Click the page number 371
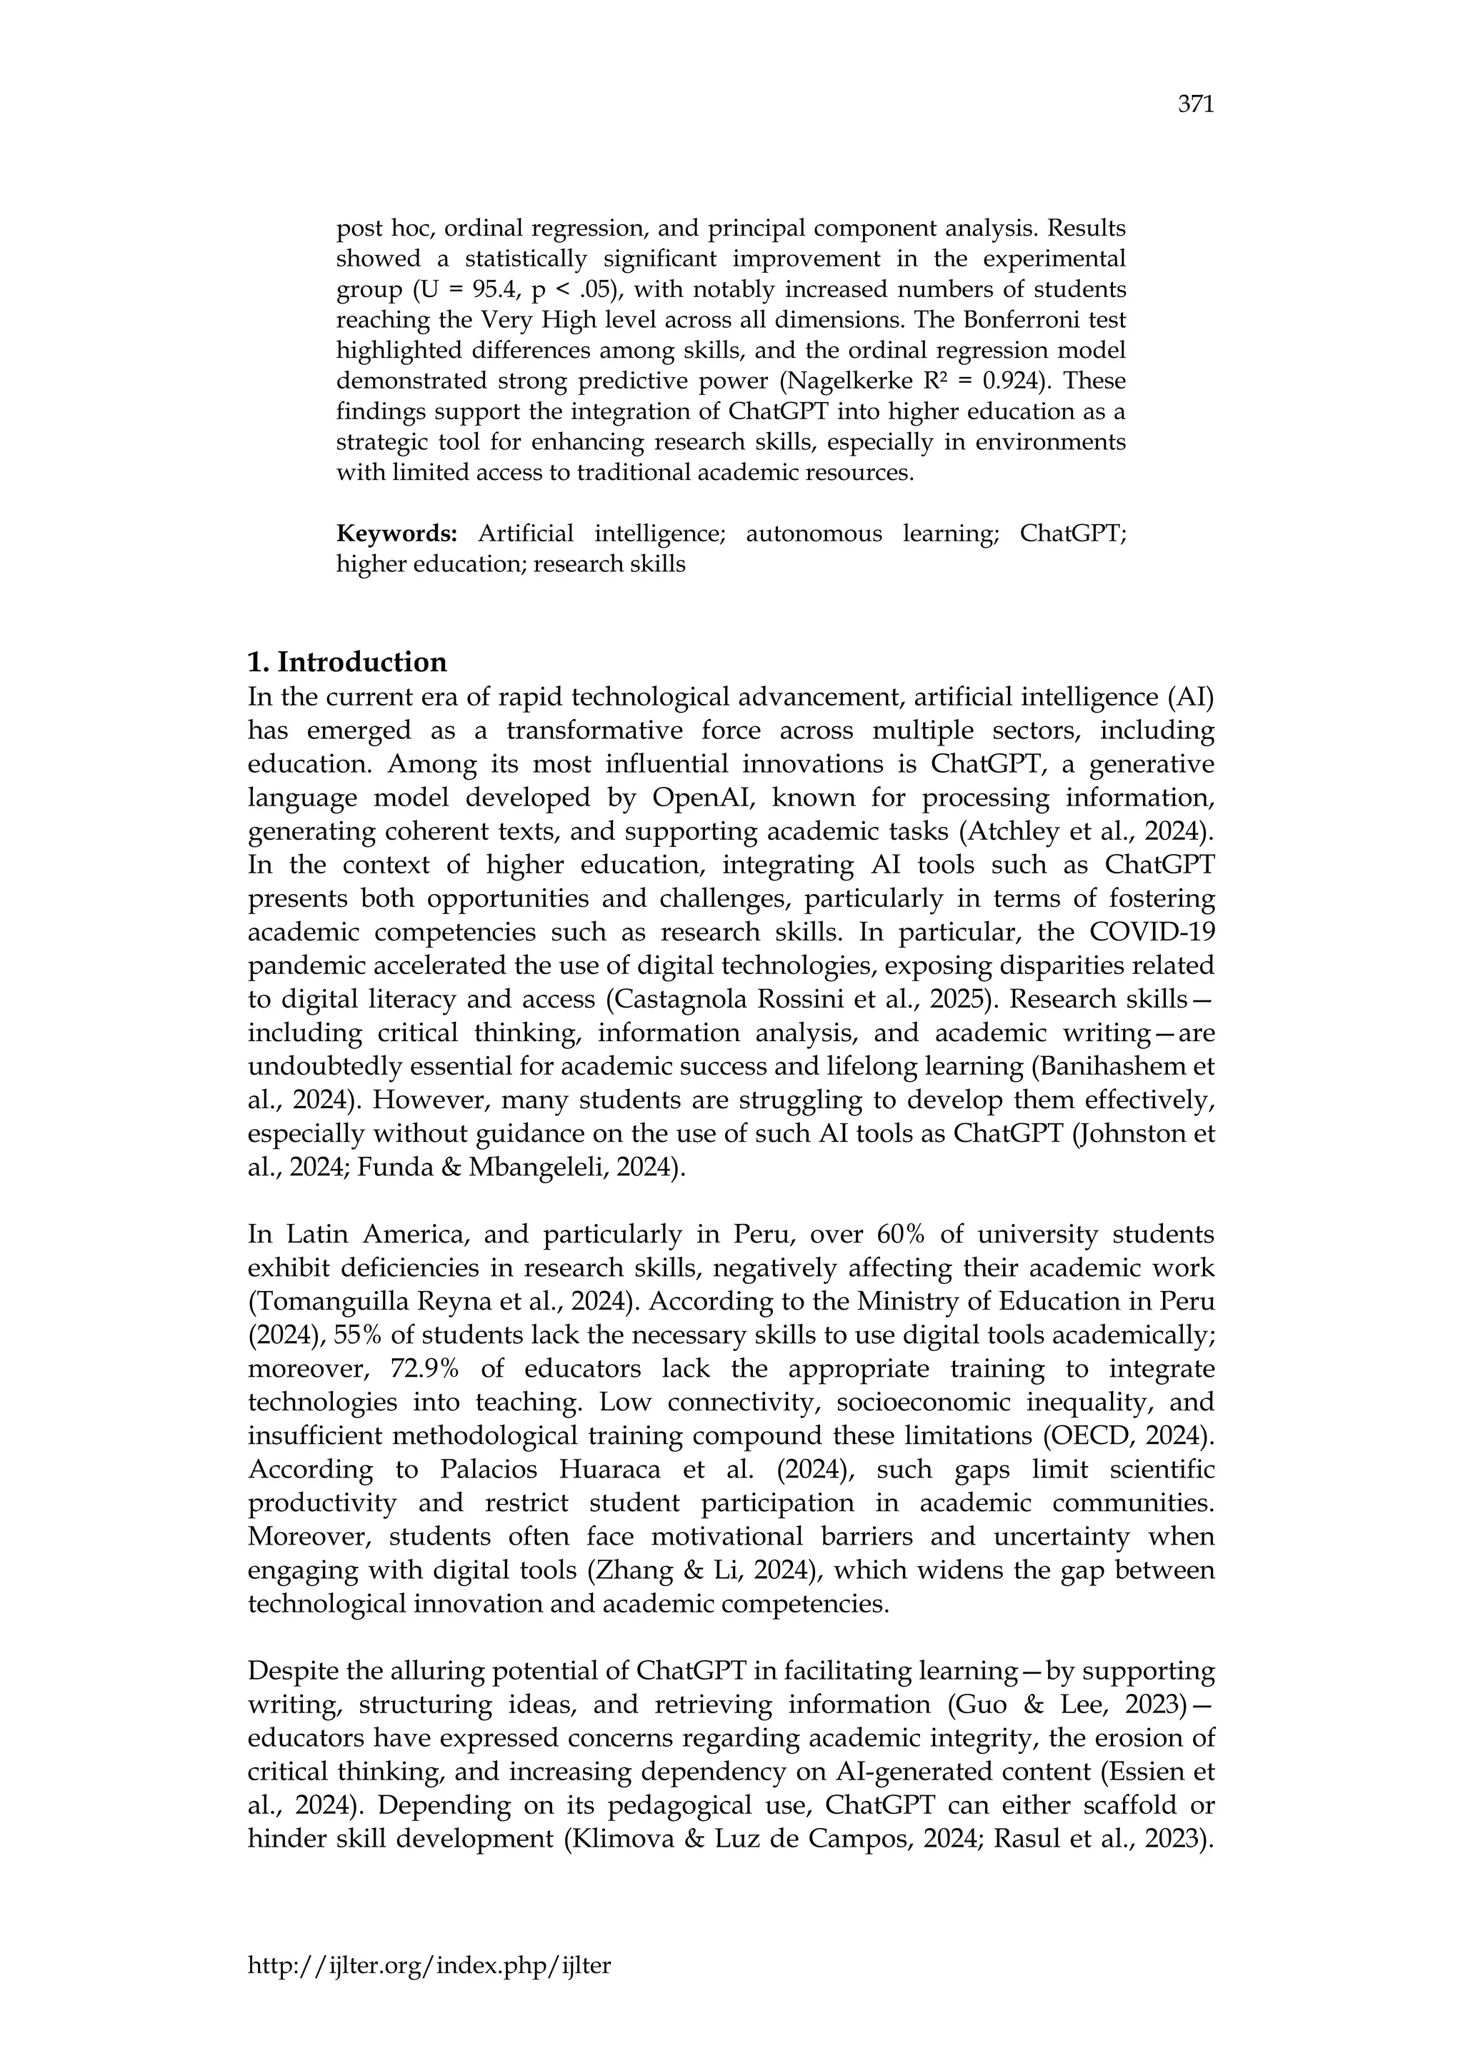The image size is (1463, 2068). point(1195,106)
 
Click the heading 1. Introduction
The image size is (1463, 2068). point(347,662)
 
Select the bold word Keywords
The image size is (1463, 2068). point(396,534)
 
